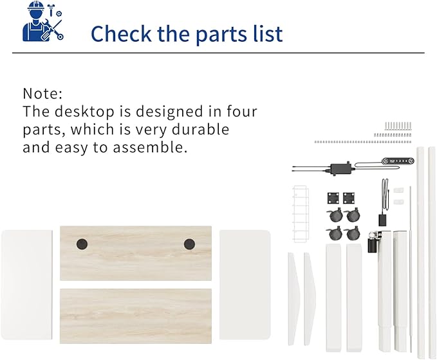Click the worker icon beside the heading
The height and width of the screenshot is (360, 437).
click(42, 22)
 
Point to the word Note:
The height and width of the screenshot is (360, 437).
click(43, 93)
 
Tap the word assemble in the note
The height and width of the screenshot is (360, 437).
click(154, 147)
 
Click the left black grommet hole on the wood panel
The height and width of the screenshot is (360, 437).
click(81, 244)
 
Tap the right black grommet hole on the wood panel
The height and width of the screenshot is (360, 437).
click(189, 244)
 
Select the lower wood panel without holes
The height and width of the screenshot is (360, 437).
click(136, 316)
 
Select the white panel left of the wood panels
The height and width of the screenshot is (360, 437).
click(26, 286)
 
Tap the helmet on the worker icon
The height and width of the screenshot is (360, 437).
click(35, 8)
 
